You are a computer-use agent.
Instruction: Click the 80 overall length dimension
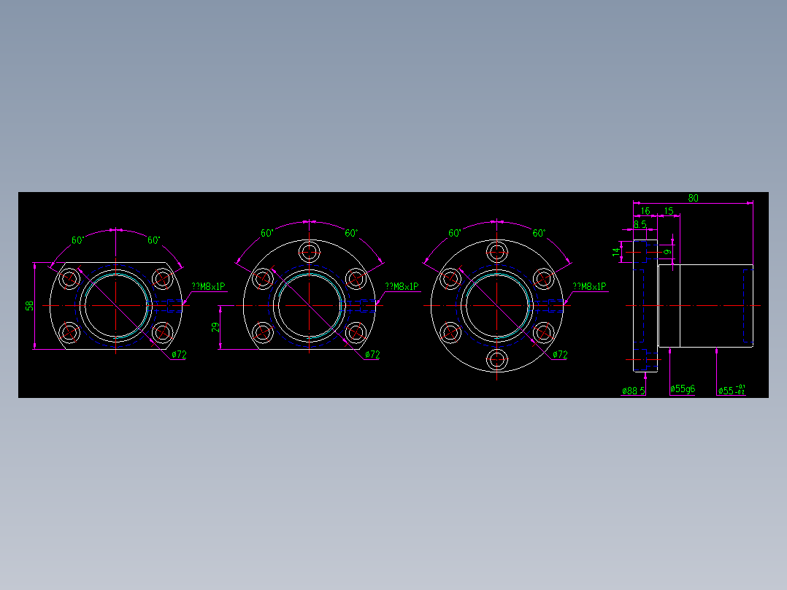(x=693, y=198)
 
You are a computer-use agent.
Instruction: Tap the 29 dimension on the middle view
(x=215, y=328)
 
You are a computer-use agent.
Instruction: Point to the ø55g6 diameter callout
(x=683, y=389)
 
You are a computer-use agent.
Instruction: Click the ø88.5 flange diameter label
(x=633, y=391)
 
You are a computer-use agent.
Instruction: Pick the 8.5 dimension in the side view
(x=640, y=224)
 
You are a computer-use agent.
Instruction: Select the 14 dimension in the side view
(x=616, y=253)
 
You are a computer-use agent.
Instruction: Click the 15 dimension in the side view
(x=669, y=211)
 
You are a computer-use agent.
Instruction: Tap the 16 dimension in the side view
(x=645, y=211)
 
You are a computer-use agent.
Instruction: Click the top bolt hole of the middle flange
(x=310, y=253)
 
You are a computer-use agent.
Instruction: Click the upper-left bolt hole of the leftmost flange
(x=71, y=278)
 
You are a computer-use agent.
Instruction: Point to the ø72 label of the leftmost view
(x=180, y=355)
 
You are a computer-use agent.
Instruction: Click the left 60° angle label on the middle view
(x=267, y=233)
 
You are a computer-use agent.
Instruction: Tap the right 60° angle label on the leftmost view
(x=154, y=240)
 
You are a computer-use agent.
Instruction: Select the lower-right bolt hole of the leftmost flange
(x=161, y=333)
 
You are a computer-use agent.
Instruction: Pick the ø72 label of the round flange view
(x=560, y=355)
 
